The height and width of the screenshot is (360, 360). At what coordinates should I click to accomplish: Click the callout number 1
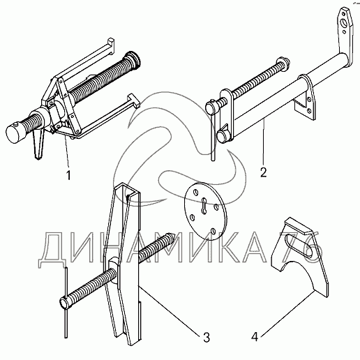(x=68, y=175)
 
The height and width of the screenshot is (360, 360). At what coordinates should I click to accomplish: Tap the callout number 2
(x=263, y=172)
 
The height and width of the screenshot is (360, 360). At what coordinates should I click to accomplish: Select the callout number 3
(x=207, y=338)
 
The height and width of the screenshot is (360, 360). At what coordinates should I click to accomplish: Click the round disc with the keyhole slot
(x=205, y=211)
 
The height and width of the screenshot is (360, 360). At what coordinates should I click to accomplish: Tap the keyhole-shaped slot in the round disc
(x=204, y=206)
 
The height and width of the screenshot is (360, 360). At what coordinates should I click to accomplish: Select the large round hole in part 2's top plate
(x=343, y=23)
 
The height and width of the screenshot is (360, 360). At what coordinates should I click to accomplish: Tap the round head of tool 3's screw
(x=64, y=303)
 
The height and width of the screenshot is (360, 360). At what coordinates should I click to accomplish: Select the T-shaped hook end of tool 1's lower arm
(x=134, y=100)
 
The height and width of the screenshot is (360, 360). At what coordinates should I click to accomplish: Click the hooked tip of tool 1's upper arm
(x=111, y=45)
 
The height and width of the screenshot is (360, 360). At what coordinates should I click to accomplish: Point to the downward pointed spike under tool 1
(x=38, y=145)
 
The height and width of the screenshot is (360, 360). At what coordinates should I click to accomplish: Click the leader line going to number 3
(x=170, y=310)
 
